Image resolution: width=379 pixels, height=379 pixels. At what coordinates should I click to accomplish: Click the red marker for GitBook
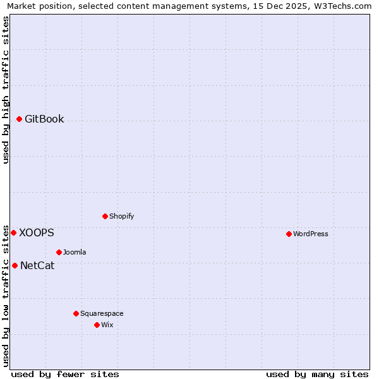20,119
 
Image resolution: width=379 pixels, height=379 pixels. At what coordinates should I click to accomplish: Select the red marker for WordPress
289,234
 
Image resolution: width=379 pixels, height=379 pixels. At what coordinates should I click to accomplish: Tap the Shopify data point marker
105,216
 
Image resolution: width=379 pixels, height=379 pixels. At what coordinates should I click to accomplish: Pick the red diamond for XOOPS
13,232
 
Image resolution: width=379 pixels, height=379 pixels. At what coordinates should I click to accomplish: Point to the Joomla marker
59,252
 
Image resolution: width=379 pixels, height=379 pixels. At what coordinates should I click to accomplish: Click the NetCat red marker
15,265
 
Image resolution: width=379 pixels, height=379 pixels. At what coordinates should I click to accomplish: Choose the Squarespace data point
76,313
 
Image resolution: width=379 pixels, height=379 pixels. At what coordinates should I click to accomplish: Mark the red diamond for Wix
97,325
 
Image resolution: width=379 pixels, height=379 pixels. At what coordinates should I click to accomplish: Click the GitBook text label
44,119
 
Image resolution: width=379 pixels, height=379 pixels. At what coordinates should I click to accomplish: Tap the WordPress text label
311,234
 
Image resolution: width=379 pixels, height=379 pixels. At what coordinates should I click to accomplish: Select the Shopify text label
122,216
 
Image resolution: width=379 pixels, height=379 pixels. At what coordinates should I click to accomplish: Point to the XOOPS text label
37,232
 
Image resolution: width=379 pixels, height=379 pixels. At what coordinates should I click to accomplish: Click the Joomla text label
75,252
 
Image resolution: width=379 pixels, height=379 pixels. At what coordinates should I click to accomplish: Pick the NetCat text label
37,265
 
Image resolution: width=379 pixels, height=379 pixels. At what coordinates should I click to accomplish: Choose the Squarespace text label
102,313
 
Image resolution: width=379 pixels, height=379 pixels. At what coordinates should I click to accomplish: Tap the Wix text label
107,325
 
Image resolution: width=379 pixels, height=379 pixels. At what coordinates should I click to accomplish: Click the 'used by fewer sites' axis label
65,374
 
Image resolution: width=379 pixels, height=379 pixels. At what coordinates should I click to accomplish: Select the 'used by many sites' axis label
317,374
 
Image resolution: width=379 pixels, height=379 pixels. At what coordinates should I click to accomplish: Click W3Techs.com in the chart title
343,6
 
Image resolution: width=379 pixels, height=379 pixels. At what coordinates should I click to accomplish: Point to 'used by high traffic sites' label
6,90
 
